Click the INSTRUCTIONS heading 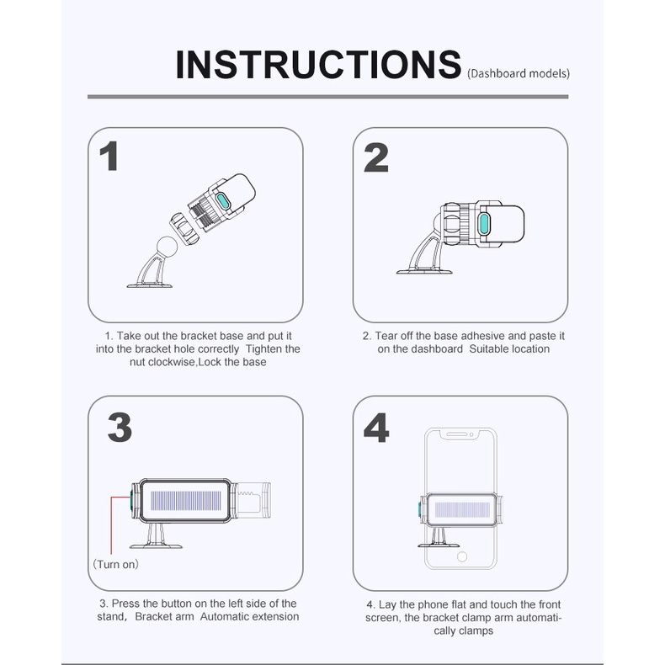tap(318, 65)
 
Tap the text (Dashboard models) tap(519, 74)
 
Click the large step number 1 tap(109, 156)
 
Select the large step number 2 tap(376, 157)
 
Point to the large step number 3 tap(120, 427)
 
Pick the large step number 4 tap(376, 428)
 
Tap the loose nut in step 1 tap(184, 228)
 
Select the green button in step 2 tap(483, 223)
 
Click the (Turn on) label tap(116, 564)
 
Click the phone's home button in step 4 tap(462, 556)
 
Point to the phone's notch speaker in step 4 tap(456, 434)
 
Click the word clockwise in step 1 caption tap(171, 362)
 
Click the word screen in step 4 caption tap(382, 618)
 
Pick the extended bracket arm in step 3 tap(253, 501)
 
